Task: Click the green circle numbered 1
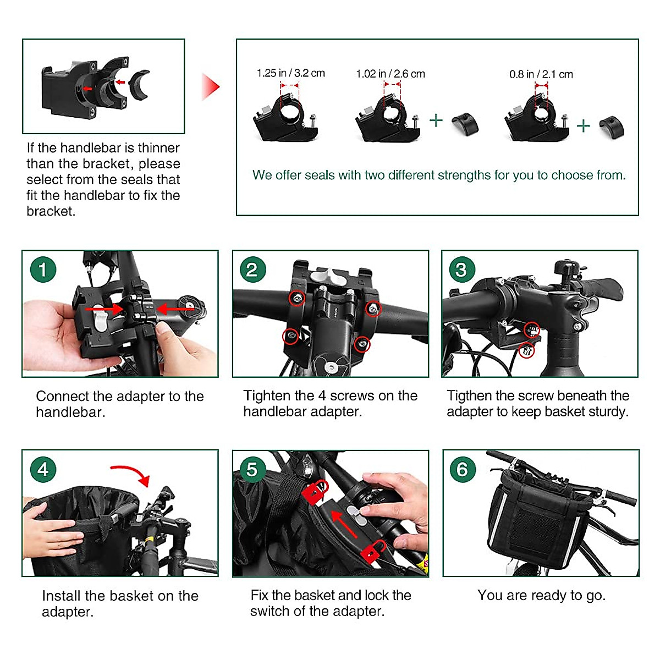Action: tap(43, 269)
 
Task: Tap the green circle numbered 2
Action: tap(253, 269)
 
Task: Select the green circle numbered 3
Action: tap(462, 269)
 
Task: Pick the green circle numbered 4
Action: tap(43, 470)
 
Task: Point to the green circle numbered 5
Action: tap(253, 470)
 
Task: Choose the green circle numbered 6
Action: tap(463, 470)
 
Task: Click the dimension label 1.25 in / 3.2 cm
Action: tap(291, 73)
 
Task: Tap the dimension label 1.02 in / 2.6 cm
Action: tap(391, 74)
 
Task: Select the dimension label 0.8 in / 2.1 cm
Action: tap(541, 74)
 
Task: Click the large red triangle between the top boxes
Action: tap(210, 87)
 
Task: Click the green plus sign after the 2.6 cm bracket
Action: tap(436, 120)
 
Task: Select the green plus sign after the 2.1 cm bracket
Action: tap(584, 126)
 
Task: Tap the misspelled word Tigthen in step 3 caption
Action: tap(469, 396)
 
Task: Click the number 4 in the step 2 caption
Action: tap(322, 395)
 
